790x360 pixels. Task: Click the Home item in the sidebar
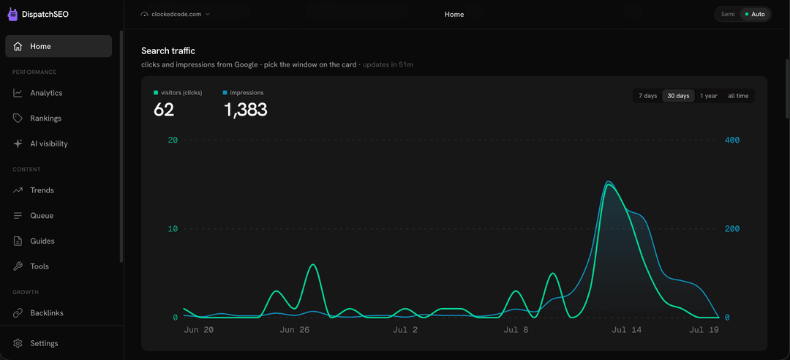tap(59, 46)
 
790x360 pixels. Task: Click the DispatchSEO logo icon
tap(12, 15)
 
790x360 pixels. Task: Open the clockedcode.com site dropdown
tap(176, 14)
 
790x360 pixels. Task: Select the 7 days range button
tap(648, 96)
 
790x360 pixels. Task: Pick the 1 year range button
tap(708, 96)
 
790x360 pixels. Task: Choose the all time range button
tap(738, 96)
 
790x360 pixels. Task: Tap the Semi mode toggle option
tap(728, 14)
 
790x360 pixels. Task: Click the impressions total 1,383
tap(245, 110)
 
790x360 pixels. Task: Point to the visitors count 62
tap(164, 110)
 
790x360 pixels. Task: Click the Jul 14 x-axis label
tap(626, 330)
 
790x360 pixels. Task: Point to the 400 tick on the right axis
tap(732, 140)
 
